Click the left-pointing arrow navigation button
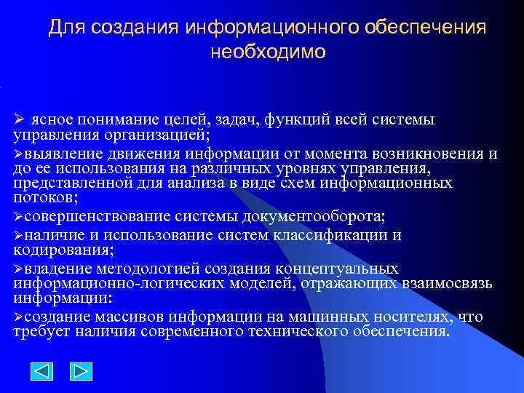(x=42, y=372)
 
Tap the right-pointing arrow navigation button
(x=81, y=372)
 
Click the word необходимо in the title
(x=268, y=52)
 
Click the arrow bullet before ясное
(x=20, y=119)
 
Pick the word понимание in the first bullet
(x=109, y=119)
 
